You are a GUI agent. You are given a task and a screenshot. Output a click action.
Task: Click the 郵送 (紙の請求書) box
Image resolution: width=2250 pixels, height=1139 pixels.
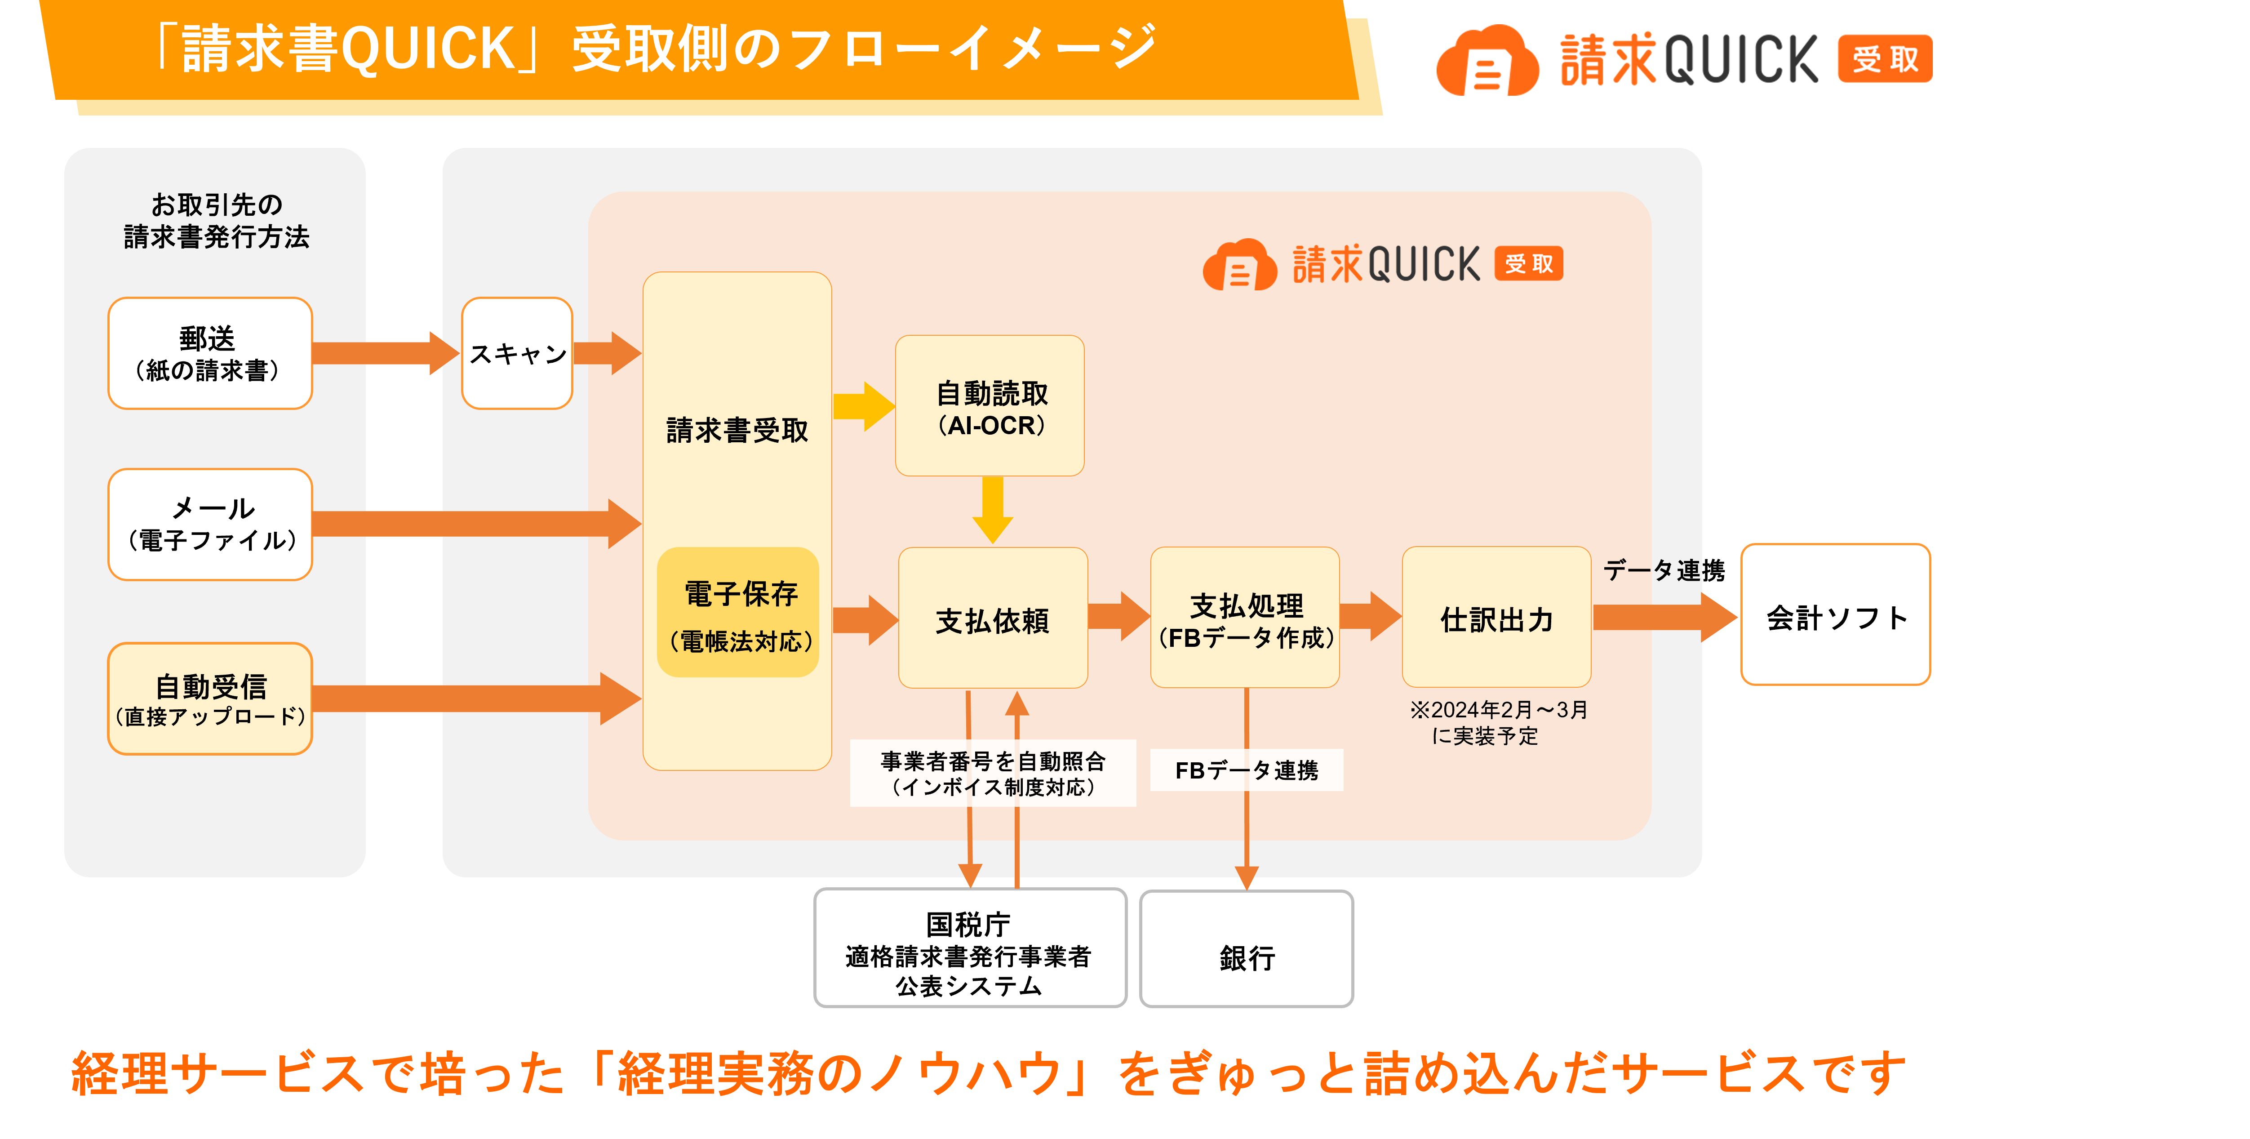click(209, 353)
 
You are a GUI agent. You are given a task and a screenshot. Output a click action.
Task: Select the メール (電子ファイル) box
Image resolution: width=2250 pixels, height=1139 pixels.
click(209, 524)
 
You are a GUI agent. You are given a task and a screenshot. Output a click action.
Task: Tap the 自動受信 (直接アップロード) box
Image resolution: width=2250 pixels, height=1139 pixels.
click(209, 699)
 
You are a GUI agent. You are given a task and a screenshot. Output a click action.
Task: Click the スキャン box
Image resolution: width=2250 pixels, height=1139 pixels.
click(517, 353)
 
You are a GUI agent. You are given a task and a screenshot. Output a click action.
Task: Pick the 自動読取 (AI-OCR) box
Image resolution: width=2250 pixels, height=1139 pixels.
click(990, 406)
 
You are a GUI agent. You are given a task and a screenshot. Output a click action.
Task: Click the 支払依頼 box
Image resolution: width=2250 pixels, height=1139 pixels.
click(992, 618)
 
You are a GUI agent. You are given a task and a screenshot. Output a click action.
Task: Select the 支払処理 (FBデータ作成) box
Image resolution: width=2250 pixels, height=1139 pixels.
click(1245, 618)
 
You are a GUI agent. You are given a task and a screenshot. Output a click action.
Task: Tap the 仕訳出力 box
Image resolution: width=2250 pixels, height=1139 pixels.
click(1496, 618)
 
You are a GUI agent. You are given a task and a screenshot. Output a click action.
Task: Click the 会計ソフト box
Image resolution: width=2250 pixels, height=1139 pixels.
click(1835, 615)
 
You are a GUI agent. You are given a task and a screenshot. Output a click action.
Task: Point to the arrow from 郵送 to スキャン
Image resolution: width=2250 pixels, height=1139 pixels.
click(384, 353)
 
